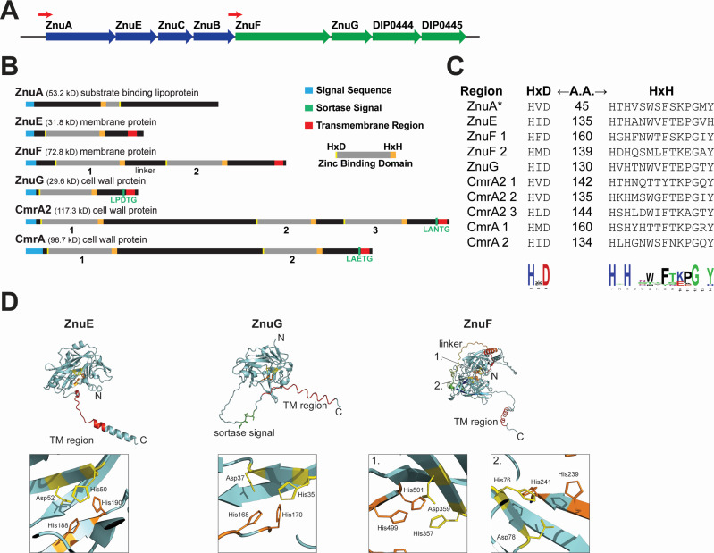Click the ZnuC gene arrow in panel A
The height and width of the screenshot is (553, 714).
(172, 38)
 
